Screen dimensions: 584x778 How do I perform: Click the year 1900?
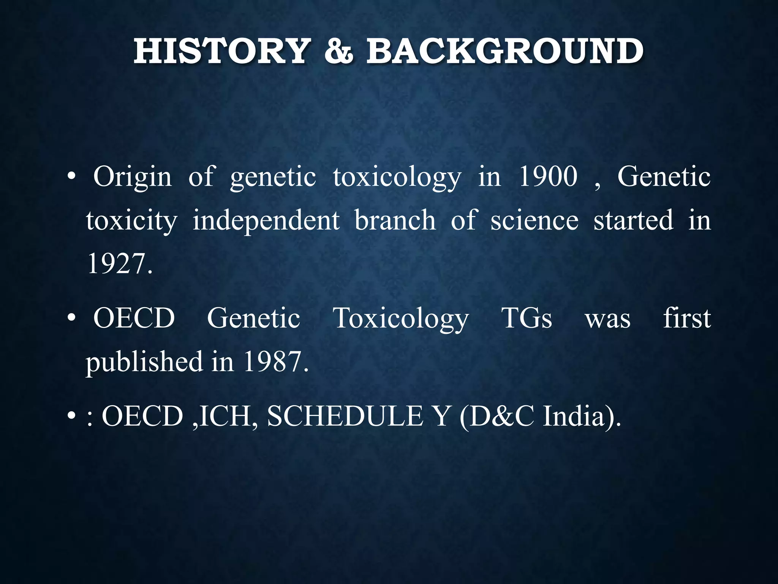pos(548,177)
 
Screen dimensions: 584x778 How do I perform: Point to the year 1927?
pos(120,263)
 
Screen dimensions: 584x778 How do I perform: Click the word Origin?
pos(133,178)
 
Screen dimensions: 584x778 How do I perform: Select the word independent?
pos(266,221)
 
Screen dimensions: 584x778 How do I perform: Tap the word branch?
pos(395,221)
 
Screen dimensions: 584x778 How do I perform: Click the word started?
pos(633,221)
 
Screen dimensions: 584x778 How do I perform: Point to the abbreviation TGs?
pos(527,318)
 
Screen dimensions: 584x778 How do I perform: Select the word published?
pos(144,362)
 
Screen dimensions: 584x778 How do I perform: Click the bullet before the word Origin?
pos(71,178)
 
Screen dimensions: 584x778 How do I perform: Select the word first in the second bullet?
pos(687,318)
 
